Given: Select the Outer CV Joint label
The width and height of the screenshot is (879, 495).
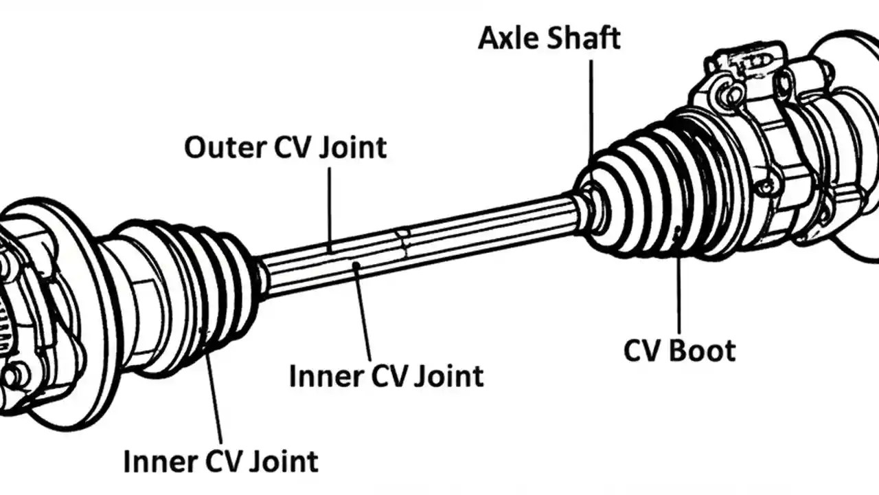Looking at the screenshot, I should click(285, 147).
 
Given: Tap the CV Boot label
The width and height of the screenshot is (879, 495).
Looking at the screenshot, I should click(679, 351).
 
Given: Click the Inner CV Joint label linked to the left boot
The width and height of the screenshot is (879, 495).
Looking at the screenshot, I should click(220, 461).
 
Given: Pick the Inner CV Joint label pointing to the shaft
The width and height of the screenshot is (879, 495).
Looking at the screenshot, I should click(386, 376).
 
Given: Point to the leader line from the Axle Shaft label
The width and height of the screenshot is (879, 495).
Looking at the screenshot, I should click(591, 110).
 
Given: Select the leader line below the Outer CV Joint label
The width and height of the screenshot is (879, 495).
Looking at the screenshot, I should click(330, 206).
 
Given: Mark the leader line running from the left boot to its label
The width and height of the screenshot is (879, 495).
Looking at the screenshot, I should click(214, 392).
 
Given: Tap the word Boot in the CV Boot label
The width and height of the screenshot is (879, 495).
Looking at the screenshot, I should click(702, 351).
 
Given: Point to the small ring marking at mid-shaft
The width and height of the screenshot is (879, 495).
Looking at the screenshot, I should click(402, 243).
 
